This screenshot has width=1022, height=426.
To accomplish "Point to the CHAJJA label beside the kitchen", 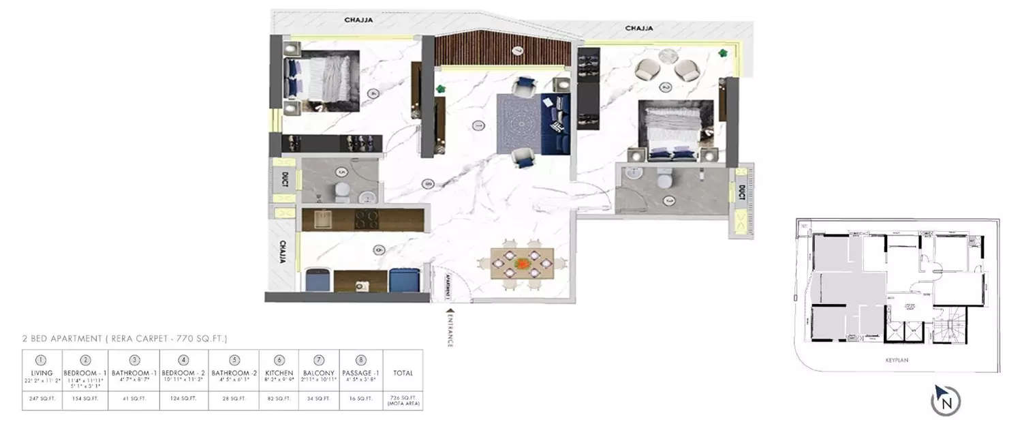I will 281,251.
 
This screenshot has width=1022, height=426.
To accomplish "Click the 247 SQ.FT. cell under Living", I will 42,397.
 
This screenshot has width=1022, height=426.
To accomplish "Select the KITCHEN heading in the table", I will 279,373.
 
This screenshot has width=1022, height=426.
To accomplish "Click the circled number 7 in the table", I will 319,360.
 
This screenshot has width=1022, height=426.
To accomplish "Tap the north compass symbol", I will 946,399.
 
